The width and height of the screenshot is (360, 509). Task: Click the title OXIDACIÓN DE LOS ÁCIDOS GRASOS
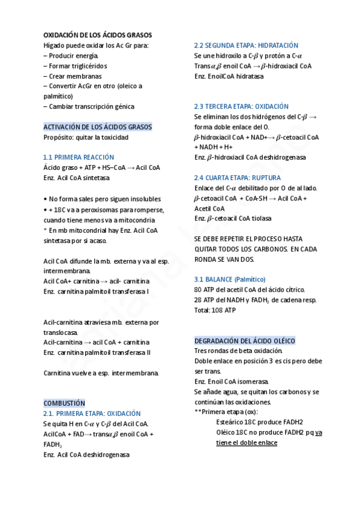(98, 35)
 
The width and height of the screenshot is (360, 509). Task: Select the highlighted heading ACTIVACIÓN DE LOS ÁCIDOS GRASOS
(98, 127)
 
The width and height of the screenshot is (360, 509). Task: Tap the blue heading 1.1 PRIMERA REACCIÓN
(79, 157)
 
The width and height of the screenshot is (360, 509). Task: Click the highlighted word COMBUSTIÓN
(64, 403)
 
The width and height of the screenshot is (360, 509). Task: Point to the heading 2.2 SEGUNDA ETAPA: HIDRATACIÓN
(246, 46)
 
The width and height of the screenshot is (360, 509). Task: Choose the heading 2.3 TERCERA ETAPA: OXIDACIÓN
(241, 106)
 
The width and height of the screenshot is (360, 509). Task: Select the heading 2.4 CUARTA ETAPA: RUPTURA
(237, 178)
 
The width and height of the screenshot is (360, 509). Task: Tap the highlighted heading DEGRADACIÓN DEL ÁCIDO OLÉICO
(245, 340)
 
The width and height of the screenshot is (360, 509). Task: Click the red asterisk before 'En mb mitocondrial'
(46, 230)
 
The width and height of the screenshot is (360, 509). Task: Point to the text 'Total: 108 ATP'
(215, 310)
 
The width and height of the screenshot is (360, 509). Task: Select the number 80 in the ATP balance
(199, 290)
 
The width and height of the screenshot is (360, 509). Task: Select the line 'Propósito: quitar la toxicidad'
(86, 137)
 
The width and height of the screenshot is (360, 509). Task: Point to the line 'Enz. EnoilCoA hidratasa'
(229, 76)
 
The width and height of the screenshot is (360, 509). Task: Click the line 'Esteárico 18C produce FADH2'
(259, 422)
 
